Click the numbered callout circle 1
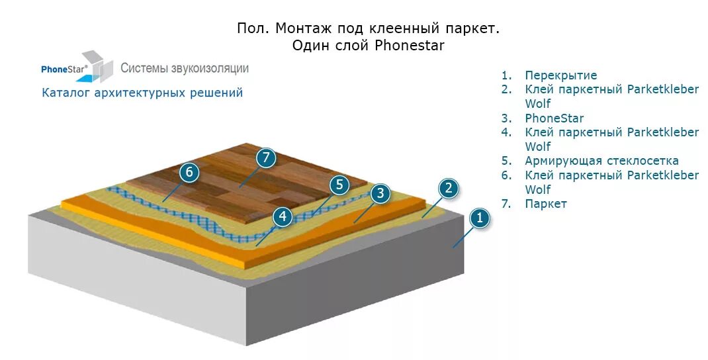(x=480, y=218)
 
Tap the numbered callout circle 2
(x=448, y=189)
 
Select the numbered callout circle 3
(x=379, y=194)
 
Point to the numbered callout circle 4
(x=283, y=216)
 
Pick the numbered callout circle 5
(x=339, y=185)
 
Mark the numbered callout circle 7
(x=265, y=157)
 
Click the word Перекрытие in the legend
(x=560, y=75)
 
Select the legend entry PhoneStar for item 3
(x=554, y=118)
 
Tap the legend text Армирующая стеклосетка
(x=601, y=161)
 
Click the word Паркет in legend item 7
(x=546, y=204)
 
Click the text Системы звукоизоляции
(x=185, y=68)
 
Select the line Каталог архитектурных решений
(x=142, y=93)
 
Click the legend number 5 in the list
(x=507, y=161)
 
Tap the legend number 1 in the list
(x=507, y=75)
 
